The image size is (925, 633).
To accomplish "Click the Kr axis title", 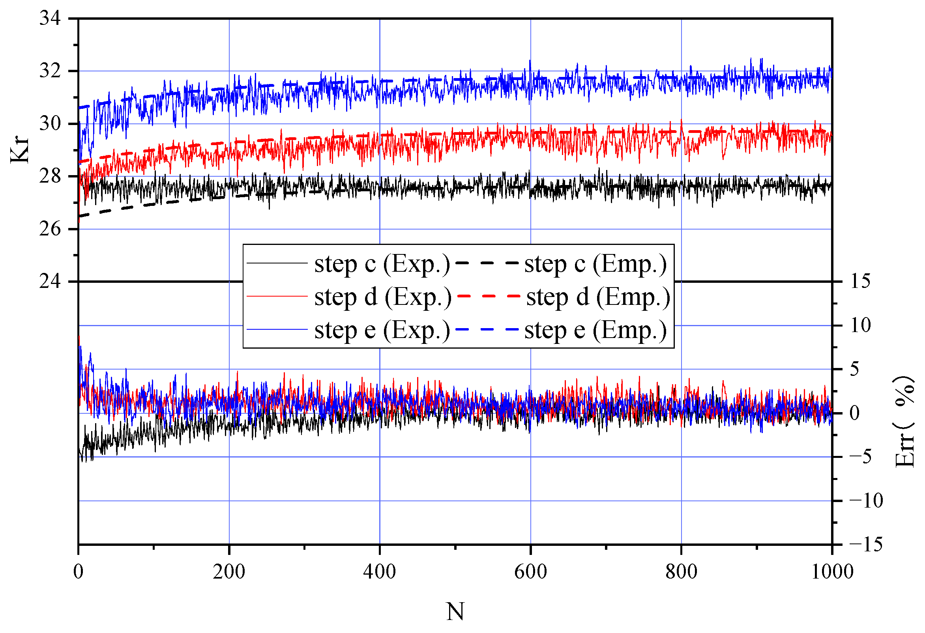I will click(20, 149).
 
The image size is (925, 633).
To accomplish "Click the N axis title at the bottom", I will click(455, 612).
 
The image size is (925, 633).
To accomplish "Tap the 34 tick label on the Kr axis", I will click(50, 18).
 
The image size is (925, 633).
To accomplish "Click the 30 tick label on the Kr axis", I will click(50, 124).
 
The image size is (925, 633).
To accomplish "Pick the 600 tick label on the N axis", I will click(530, 572).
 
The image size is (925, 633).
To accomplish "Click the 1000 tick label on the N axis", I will click(832, 572).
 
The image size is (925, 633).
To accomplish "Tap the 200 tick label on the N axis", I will click(229, 572).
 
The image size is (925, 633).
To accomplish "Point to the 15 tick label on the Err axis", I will click(860, 281).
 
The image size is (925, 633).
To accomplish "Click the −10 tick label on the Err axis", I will click(866, 500).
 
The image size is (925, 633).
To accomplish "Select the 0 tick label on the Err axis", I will click(854, 413).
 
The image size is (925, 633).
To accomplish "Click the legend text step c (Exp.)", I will click(382, 264).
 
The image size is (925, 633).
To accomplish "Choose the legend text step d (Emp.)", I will click(598, 297).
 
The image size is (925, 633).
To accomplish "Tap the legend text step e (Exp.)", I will click(382, 330).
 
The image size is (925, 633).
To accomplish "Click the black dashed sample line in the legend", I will click(487, 263).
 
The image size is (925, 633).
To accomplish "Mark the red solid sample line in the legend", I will click(277, 297).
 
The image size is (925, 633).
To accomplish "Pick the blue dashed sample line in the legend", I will click(487, 329).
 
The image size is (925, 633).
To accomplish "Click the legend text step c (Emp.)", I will click(595, 264).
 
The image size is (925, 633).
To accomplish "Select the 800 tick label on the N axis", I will click(681, 572).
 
